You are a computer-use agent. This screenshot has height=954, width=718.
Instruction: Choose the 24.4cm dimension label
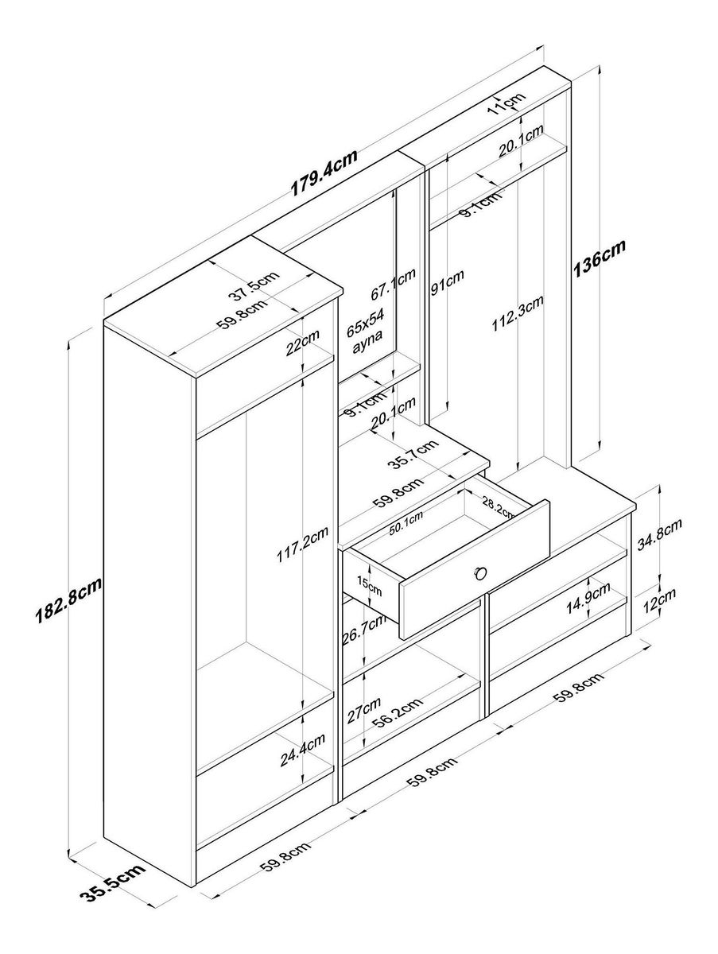click(303, 750)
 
